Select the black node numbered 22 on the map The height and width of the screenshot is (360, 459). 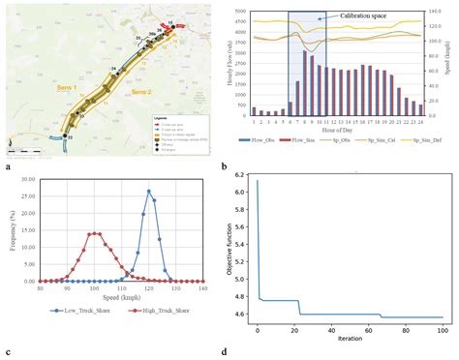pyautogui.click(x=68, y=138)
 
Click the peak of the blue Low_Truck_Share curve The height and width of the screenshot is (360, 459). pyautogui.click(x=149, y=191)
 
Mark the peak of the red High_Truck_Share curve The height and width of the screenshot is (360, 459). pyautogui.click(x=95, y=233)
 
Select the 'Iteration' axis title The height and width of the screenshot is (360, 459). pyautogui.click(x=350, y=339)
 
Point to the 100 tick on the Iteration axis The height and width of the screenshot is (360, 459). pyautogui.click(x=443, y=330)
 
